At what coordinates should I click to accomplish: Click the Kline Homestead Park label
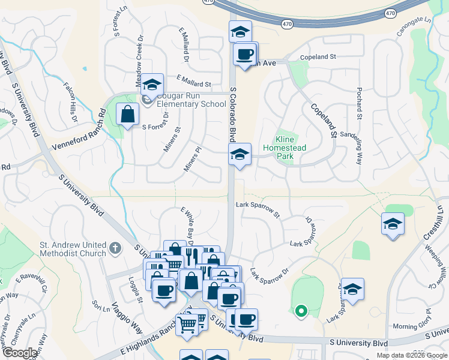tap(285, 148)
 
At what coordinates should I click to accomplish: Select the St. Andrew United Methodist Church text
tap(73, 248)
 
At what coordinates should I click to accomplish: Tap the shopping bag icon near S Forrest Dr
tap(128, 113)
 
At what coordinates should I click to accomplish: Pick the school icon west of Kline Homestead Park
tap(240, 155)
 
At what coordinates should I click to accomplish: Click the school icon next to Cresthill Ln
tap(393, 224)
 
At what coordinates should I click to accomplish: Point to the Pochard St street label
tap(359, 103)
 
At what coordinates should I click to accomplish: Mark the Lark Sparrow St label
tap(258, 209)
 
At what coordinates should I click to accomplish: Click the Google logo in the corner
tap(20, 353)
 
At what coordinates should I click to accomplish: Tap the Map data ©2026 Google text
tap(411, 355)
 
